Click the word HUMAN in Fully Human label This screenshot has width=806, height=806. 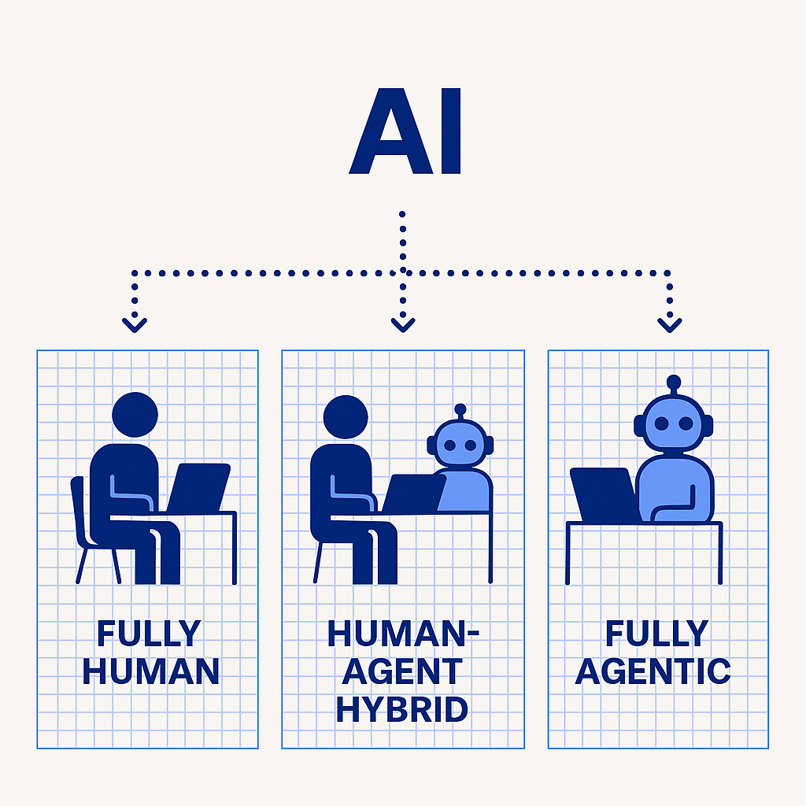click(x=150, y=671)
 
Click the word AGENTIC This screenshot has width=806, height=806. click(x=653, y=671)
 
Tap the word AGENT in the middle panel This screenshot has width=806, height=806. click(x=402, y=671)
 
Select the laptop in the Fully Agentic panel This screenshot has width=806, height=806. click(x=604, y=494)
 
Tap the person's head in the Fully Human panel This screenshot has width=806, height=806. click(x=135, y=415)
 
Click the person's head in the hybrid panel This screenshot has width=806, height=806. click(x=345, y=417)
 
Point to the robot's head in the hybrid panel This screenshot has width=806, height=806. click(x=460, y=444)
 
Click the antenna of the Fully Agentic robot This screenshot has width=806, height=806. click(x=673, y=384)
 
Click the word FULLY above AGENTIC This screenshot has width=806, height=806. click(x=653, y=634)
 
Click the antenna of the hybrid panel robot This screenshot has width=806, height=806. click(x=460, y=411)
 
